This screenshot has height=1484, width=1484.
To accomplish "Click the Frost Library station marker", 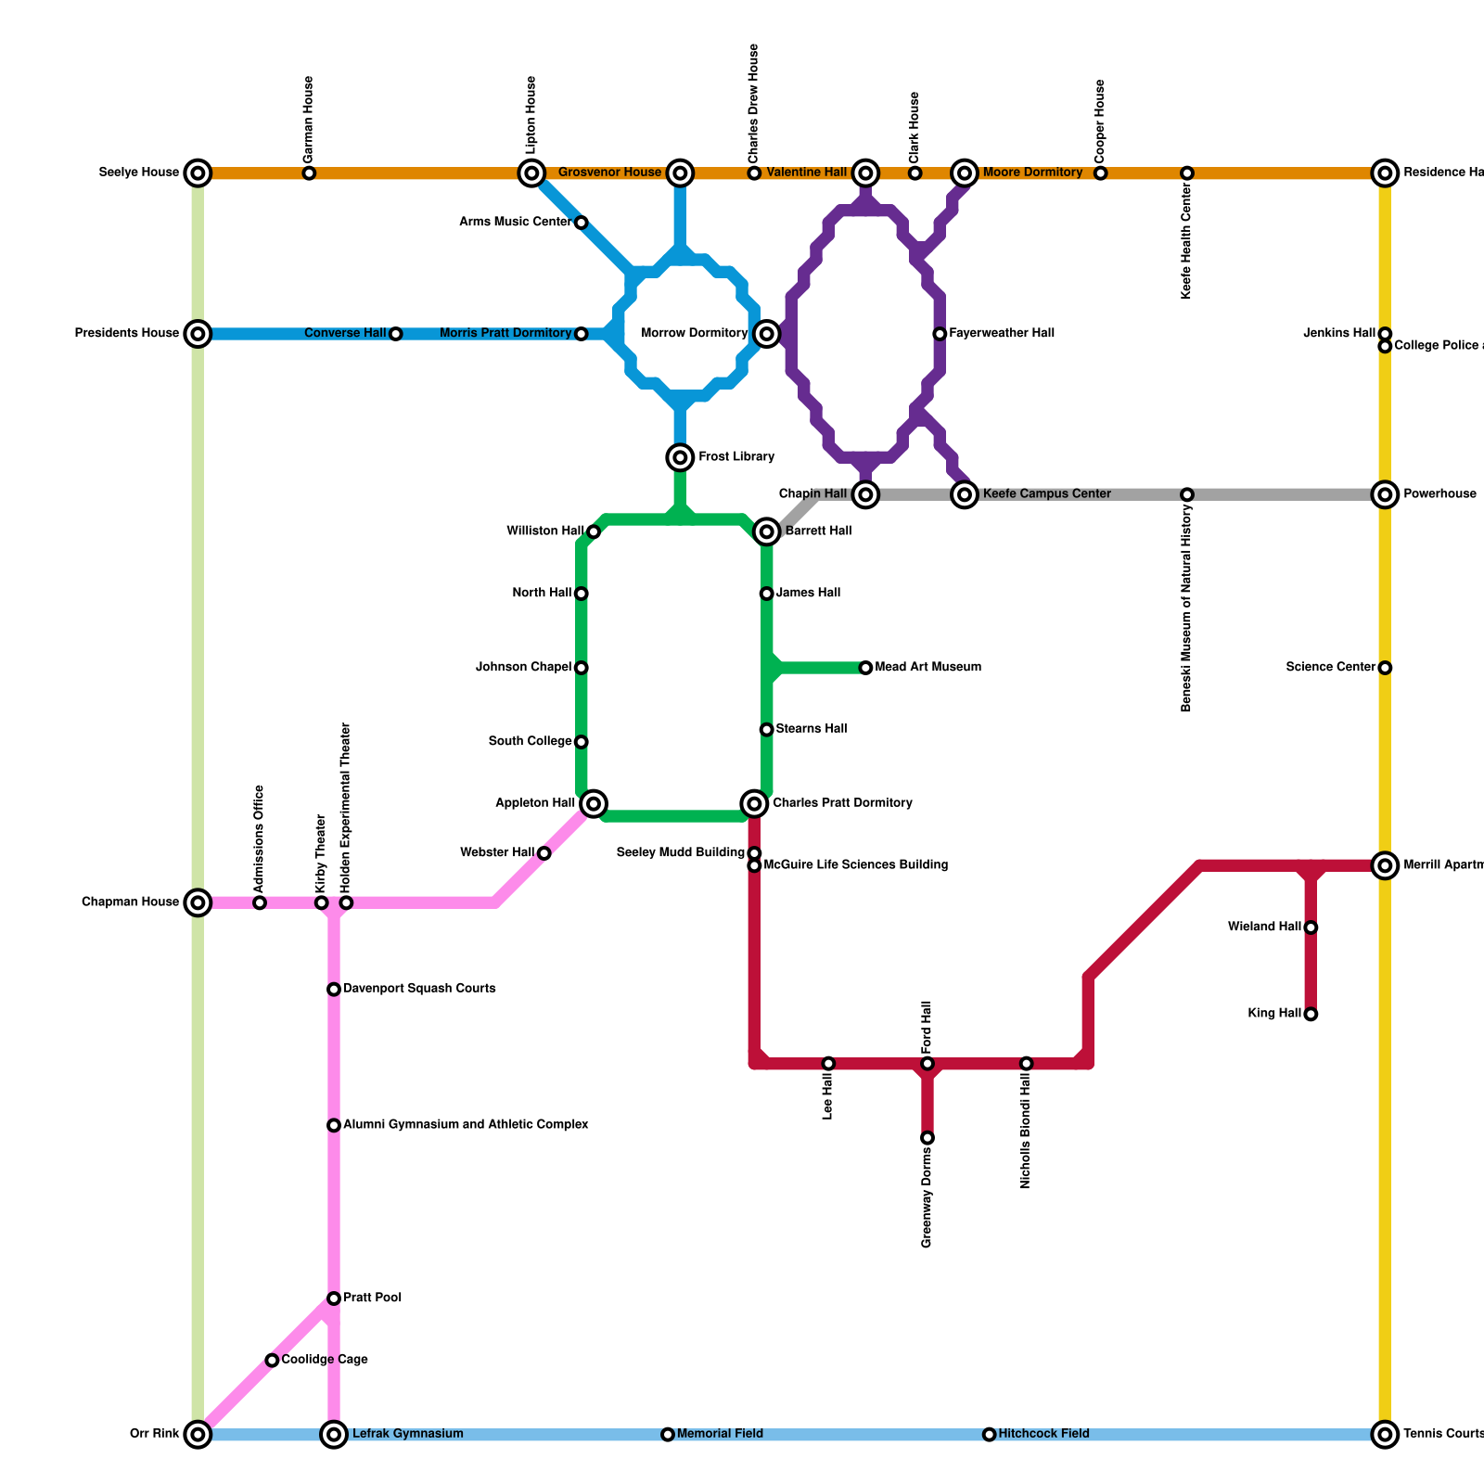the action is pyautogui.click(x=680, y=457).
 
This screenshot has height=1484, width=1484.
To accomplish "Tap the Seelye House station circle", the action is pyautogui.click(x=198, y=173).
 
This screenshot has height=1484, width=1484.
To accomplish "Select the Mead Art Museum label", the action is pyautogui.click(x=927, y=668).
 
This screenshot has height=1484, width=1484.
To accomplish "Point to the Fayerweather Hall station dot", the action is pyautogui.click(x=940, y=334).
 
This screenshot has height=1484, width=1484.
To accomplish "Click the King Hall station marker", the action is pyautogui.click(x=1311, y=1014).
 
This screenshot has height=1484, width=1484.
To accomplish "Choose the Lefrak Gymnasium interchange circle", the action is pyautogui.click(x=334, y=1435).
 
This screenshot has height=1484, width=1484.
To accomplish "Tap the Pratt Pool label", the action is pyautogui.click(x=372, y=1298).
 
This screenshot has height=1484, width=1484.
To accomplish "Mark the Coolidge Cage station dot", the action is pyautogui.click(x=272, y=1361).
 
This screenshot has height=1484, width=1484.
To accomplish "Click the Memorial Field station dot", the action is pyautogui.click(x=668, y=1435).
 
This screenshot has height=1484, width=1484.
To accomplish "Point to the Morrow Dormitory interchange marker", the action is pyautogui.click(x=766, y=334).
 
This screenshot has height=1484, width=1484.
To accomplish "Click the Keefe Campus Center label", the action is pyautogui.click(x=1046, y=494).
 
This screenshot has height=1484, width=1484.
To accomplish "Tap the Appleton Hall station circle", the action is pyautogui.click(x=595, y=803).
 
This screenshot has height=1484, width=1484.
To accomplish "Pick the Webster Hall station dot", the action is pyautogui.click(x=544, y=853).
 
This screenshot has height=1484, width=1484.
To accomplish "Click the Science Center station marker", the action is pyautogui.click(x=1385, y=668).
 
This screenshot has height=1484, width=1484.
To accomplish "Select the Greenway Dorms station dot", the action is pyautogui.click(x=927, y=1138).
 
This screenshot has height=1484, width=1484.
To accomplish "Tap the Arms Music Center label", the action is pyautogui.click(x=515, y=223).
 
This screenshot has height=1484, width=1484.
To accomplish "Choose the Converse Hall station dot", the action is pyautogui.click(x=395, y=334).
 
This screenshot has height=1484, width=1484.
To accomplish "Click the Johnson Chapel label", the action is pyautogui.click(x=523, y=668).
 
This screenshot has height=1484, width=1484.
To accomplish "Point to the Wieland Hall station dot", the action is pyautogui.click(x=1311, y=927).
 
